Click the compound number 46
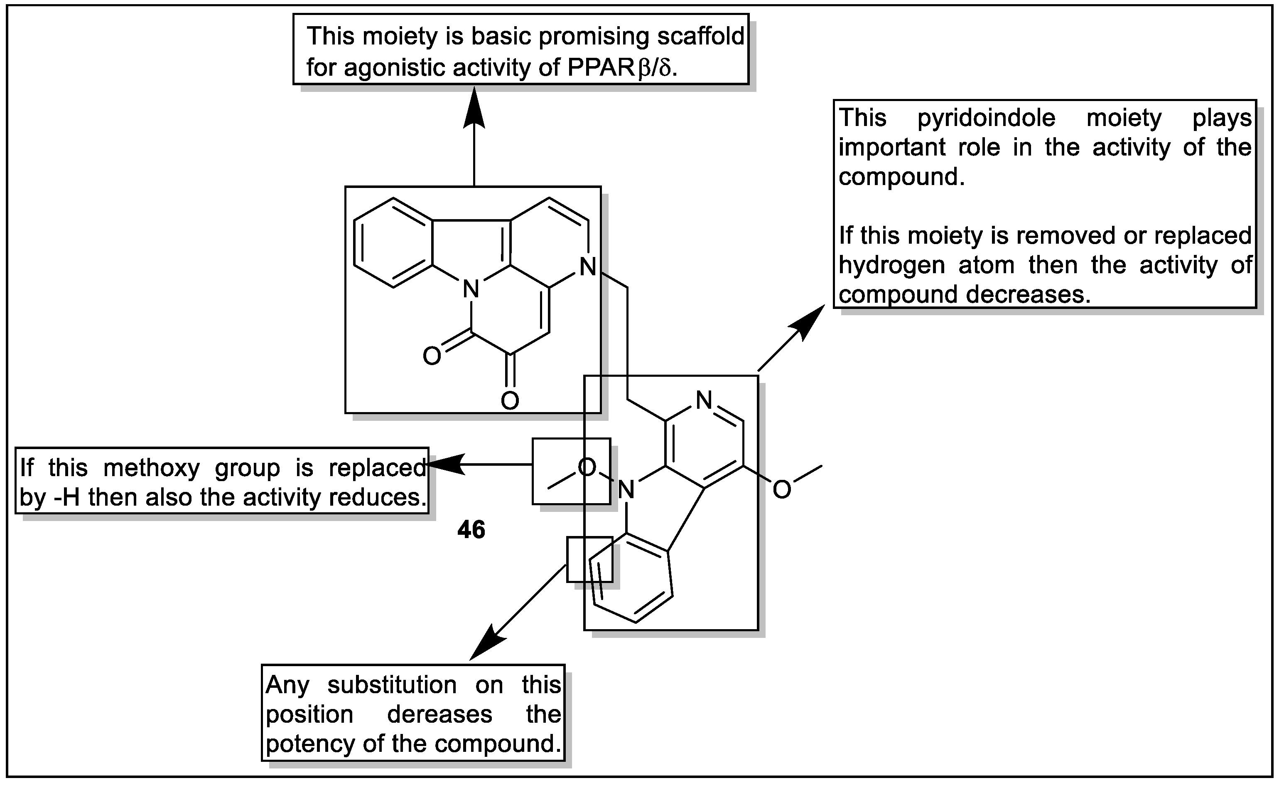pyautogui.click(x=471, y=530)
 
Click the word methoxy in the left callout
pyautogui.click(x=151, y=468)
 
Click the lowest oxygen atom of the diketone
pyautogui.click(x=510, y=401)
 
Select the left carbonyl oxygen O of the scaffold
pyautogui.click(x=432, y=356)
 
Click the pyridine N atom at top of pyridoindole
pyautogui.click(x=704, y=400)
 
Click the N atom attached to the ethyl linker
pyautogui.click(x=587, y=267)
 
